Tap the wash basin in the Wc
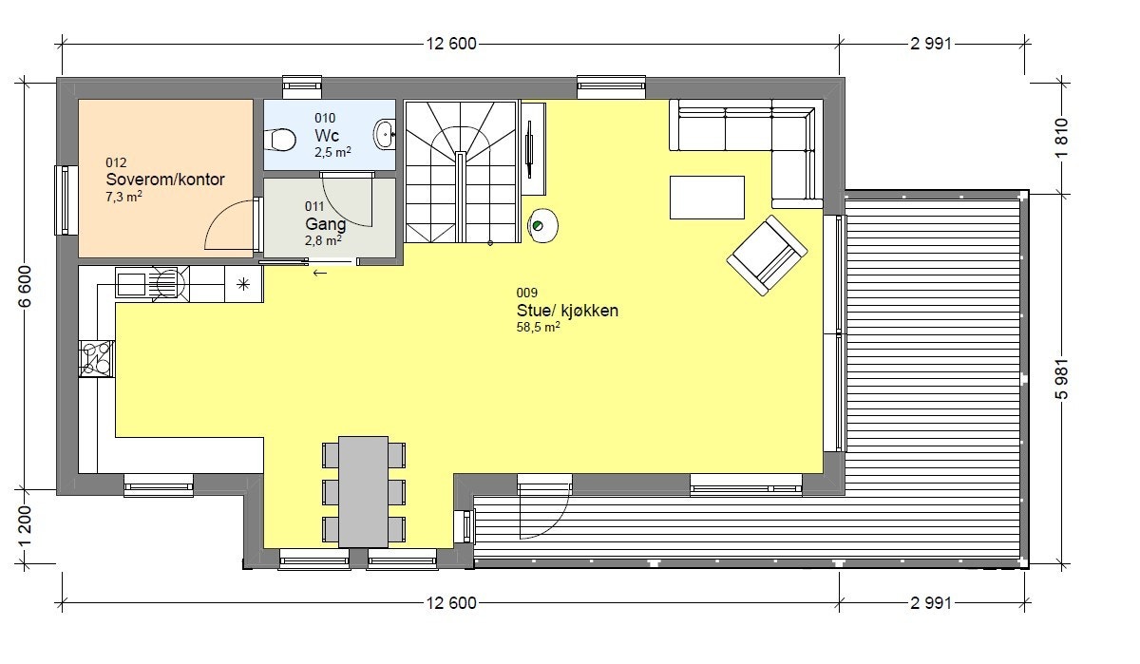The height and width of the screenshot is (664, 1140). (x=385, y=133)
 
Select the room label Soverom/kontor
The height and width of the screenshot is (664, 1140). (x=165, y=180)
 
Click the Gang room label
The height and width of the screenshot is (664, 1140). (x=325, y=224)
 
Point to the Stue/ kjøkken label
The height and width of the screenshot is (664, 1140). (x=567, y=310)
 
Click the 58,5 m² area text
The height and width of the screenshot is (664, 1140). (x=538, y=326)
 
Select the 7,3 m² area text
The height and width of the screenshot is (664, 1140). (x=123, y=197)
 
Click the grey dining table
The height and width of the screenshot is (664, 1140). (x=364, y=491)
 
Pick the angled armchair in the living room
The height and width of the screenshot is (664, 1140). (x=768, y=255)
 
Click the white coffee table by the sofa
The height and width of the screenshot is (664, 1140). (x=708, y=198)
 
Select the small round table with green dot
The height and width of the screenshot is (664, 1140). (x=541, y=225)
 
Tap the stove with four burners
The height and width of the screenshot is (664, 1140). (x=97, y=359)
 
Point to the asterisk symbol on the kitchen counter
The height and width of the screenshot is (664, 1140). (x=243, y=283)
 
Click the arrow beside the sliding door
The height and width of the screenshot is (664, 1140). (x=320, y=274)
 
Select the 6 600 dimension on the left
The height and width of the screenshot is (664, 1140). (x=27, y=285)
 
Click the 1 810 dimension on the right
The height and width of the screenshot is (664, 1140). (x=1062, y=137)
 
